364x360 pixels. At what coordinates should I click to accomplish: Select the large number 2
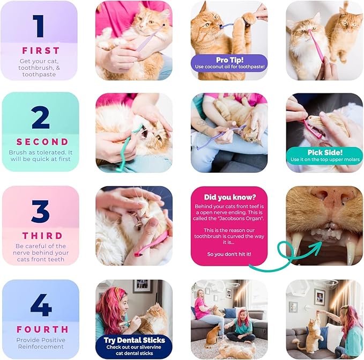click(40, 119)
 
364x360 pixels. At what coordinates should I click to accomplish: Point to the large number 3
click(40, 212)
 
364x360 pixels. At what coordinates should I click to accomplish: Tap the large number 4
click(41, 305)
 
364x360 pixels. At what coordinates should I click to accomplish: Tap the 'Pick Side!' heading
click(324, 151)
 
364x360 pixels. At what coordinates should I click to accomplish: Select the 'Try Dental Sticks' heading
click(134, 340)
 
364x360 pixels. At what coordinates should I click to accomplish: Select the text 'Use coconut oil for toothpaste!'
click(229, 67)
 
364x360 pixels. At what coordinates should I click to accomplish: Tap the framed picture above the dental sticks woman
click(143, 288)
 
